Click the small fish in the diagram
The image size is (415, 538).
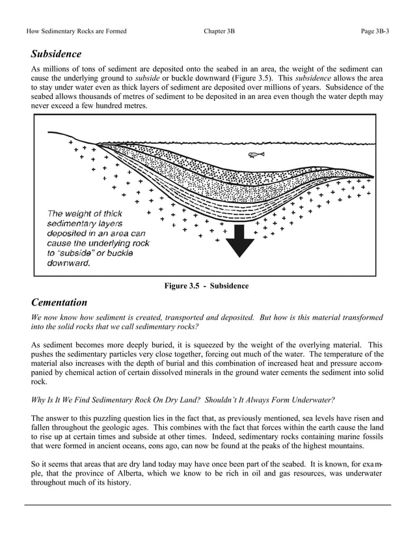pyautogui.click(x=256, y=155)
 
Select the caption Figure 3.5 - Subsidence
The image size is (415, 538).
pyautogui.click(x=206, y=286)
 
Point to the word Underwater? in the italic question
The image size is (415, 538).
pyautogui.click(x=308, y=399)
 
